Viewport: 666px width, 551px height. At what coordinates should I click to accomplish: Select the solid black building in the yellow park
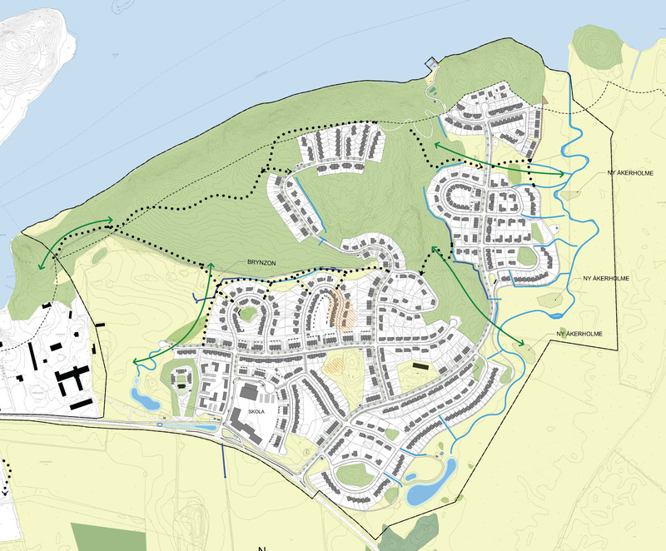tap(420, 365)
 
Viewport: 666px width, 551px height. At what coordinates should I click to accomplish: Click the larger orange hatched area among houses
tap(340, 307)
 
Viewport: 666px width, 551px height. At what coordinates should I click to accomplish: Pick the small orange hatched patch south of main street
tap(332, 361)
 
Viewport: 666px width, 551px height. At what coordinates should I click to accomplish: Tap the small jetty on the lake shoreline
tap(431, 62)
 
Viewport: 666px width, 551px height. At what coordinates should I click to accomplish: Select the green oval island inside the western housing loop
tap(246, 313)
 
